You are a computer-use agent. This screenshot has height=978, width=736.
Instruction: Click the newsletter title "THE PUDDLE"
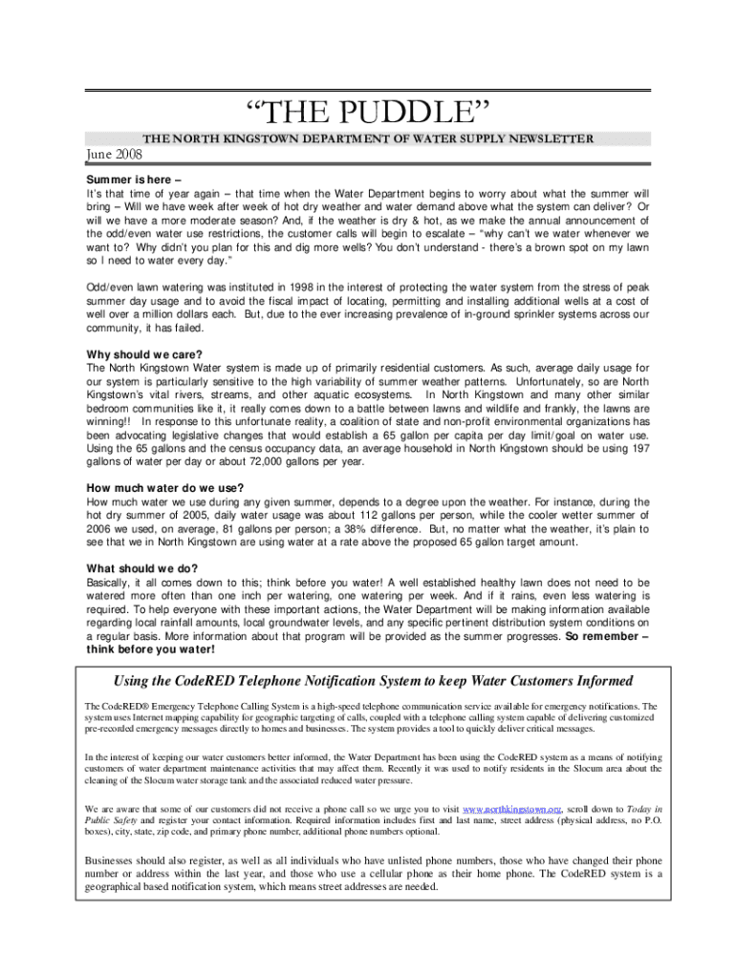pyautogui.click(x=368, y=114)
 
